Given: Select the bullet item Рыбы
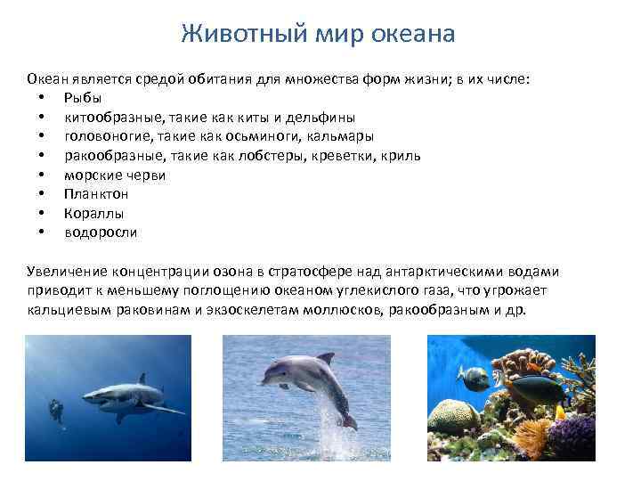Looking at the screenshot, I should (x=83, y=97).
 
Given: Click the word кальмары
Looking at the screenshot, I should (x=340, y=136).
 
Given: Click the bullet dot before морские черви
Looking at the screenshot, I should (x=42, y=175).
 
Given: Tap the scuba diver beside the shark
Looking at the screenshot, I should (x=57, y=412).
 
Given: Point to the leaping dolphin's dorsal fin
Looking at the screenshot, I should (x=325, y=358).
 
